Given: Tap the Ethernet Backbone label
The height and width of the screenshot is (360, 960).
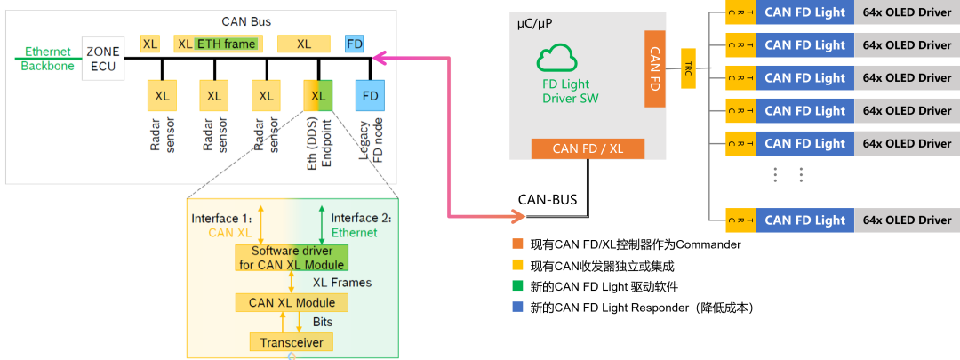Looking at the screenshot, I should [48, 59].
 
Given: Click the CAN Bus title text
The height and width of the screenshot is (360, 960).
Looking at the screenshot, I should [247, 20].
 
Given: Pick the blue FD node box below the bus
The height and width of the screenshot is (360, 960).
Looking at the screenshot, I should [370, 95].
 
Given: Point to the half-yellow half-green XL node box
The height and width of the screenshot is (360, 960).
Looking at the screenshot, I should [318, 95].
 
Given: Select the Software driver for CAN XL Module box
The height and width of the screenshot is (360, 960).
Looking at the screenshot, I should [292, 258].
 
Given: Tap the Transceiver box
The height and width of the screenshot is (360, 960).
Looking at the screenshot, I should [291, 342].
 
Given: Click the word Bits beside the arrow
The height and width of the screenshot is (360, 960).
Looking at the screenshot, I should [323, 322].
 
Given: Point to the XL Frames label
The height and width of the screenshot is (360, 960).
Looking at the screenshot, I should [342, 282].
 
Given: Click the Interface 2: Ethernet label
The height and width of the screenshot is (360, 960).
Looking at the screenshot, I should [361, 225].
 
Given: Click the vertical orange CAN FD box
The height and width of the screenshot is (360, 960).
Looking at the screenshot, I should [655, 68].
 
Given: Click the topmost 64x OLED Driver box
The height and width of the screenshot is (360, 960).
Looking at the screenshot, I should [907, 12].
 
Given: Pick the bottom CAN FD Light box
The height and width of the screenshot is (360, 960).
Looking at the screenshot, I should [804, 220].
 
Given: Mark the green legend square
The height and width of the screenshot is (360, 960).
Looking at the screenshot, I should [518, 285].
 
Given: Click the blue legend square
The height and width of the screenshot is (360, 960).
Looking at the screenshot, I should [518, 307].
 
